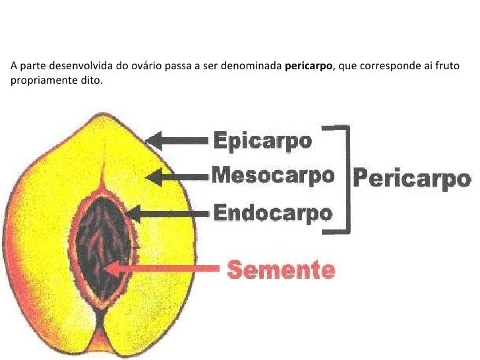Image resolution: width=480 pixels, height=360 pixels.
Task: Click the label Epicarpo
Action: (x=262, y=141)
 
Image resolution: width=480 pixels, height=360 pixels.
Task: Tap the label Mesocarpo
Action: (x=272, y=176)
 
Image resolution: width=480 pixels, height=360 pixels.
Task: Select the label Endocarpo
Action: (x=272, y=212)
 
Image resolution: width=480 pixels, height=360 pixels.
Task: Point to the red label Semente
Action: (x=282, y=269)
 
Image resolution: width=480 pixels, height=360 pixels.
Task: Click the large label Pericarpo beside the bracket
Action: (x=413, y=179)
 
